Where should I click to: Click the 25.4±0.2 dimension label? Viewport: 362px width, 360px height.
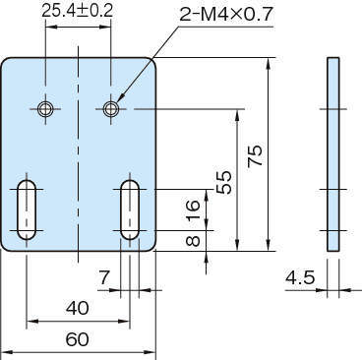click(78, 11)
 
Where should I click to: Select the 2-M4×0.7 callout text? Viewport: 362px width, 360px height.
click(226, 14)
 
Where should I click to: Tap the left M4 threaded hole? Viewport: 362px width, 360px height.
click(45, 109)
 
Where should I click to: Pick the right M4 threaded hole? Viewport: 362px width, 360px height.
click(111, 109)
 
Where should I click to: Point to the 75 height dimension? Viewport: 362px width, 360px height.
click(255, 155)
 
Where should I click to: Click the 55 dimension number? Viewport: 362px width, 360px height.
click(224, 182)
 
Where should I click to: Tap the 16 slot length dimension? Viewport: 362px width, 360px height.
click(193, 210)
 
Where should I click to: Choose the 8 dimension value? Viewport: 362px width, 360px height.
click(193, 241)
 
